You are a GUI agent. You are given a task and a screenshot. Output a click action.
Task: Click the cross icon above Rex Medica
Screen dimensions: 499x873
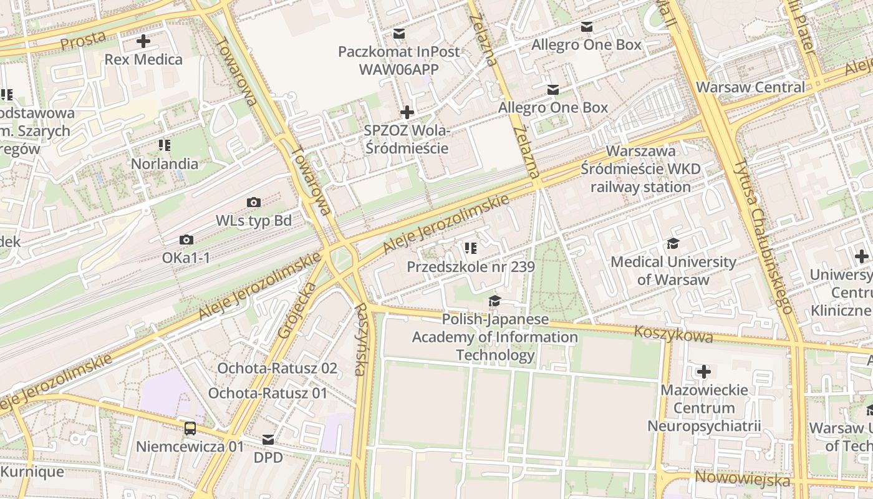[143, 42]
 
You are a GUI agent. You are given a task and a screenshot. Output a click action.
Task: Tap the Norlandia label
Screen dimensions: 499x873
[165, 164]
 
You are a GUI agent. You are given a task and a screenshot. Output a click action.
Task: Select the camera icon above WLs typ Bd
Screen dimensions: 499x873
[254, 202]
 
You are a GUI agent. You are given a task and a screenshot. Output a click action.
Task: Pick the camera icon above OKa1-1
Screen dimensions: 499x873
[186, 240]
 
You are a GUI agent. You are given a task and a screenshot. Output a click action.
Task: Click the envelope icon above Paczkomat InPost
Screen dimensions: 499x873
[398, 33]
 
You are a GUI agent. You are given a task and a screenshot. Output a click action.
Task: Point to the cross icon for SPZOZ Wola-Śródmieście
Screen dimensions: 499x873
[407, 112]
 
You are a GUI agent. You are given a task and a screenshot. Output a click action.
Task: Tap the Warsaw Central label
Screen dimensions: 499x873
[750, 87]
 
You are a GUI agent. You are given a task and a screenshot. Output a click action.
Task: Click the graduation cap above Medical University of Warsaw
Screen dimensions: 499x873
[673, 243]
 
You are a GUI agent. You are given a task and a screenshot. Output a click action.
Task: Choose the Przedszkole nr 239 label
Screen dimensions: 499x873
[471, 267]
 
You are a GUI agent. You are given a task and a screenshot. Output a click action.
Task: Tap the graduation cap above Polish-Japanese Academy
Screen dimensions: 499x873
[494, 301]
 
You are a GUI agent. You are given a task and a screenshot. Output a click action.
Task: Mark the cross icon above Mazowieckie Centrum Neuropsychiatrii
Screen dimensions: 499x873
[704, 372]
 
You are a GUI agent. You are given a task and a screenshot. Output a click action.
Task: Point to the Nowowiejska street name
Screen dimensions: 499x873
[742, 479]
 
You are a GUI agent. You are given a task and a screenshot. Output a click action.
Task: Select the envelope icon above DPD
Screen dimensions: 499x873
[268, 440]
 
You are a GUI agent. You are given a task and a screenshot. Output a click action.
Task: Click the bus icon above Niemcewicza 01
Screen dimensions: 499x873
[190, 429]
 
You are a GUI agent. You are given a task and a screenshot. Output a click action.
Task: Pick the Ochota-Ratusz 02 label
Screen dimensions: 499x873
[277, 368]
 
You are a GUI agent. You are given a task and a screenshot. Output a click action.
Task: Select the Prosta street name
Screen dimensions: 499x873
[83, 40]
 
